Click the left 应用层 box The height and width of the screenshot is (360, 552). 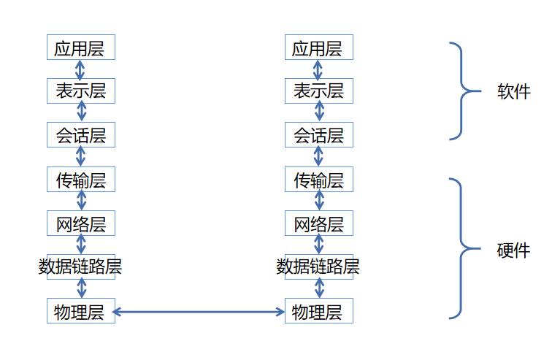(80, 48)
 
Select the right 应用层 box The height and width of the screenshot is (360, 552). (318, 48)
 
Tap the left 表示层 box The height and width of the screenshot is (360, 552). (80, 91)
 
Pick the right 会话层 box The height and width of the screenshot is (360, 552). (318, 135)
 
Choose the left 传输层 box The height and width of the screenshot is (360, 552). (80, 180)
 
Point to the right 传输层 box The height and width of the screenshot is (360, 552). (318, 180)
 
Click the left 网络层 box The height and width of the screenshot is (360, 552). (80, 223)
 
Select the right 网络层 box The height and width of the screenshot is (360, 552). (318, 223)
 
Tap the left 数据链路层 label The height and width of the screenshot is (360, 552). (80, 267)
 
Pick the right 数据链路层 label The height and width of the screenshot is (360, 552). (318, 267)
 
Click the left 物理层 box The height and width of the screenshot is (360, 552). (80, 312)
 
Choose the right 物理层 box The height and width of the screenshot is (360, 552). (318, 312)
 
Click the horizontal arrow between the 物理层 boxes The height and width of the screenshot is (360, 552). (199, 313)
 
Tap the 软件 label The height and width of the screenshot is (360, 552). (514, 92)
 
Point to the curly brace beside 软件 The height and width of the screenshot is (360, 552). (464, 91)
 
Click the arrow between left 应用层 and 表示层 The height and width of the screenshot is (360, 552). (80, 70)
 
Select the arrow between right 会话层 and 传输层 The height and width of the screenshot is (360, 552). (318, 157)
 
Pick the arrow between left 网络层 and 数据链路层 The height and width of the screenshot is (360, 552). (81, 245)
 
